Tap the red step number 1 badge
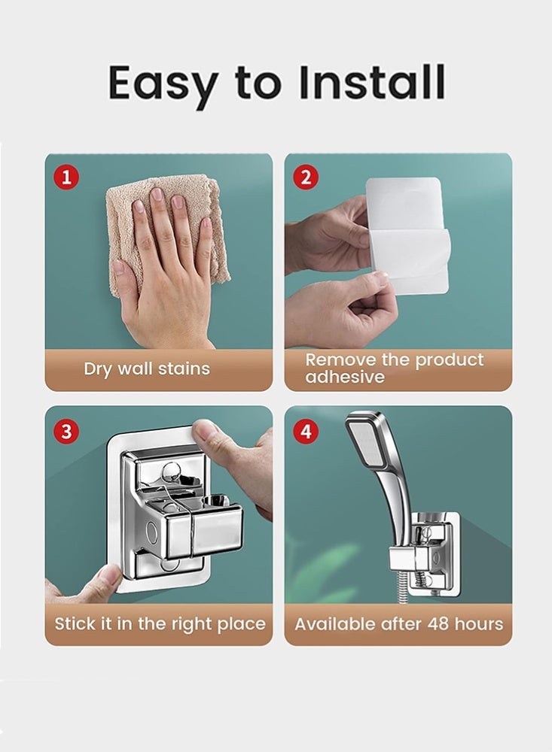pos(66,177)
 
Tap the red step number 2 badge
pos(306,177)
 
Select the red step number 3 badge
pos(66,431)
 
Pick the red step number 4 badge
pos(306,431)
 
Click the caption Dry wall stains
pos(147,369)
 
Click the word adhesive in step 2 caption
pos(345,377)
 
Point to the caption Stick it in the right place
pos(159,623)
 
